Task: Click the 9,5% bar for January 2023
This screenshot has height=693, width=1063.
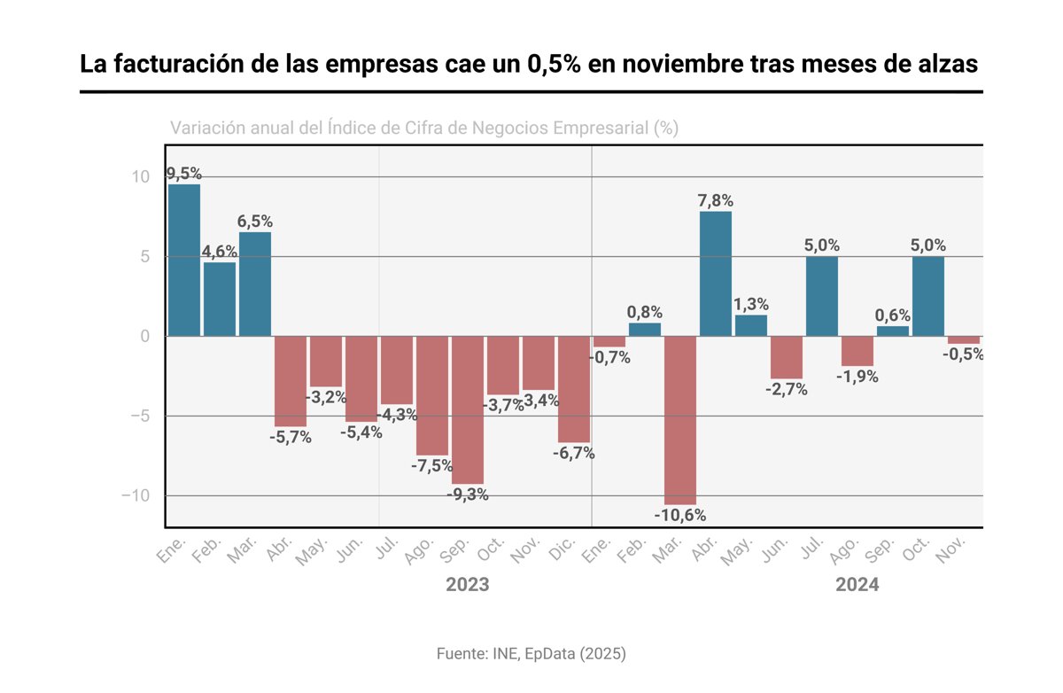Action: (x=184, y=260)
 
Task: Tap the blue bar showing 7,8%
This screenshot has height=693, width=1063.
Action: (x=716, y=274)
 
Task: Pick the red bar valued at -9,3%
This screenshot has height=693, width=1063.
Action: (x=468, y=409)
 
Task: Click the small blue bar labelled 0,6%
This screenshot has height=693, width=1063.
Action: (x=893, y=331)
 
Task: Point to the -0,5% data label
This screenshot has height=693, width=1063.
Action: (x=965, y=354)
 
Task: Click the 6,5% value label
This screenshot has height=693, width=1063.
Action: (x=255, y=222)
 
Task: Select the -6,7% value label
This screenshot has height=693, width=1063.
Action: (x=574, y=454)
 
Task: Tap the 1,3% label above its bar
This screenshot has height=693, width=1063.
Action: (x=751, y=304)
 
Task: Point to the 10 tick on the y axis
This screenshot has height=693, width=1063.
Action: (x=142, y=177)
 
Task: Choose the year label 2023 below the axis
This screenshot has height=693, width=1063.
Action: (x=467, y=586)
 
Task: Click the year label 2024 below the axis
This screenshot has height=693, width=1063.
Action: (x=857, y=586)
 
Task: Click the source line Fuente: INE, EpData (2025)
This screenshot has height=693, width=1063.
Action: (x=531, y=654)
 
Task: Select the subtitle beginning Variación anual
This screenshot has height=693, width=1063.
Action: (x=423, y=128)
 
